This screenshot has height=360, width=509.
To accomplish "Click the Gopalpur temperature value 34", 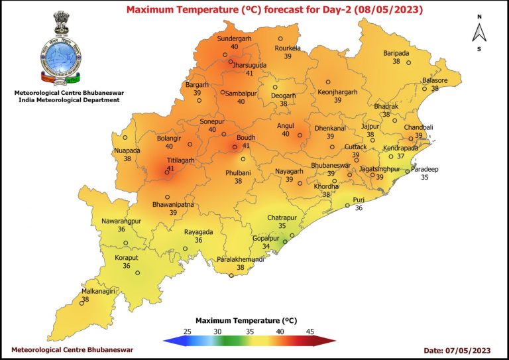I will (x=266, y=247).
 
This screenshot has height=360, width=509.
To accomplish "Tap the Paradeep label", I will (x=425, y=169).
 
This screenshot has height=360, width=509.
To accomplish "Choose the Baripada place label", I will (x=396, y=53).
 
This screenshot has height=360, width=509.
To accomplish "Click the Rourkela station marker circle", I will (x=280, y=39).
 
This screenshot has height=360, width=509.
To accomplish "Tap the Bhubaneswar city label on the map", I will (x=330, y=165).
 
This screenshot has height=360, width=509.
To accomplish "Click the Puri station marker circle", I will (x=347, y=206).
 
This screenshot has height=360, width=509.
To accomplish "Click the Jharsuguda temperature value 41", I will (x=249, y=73).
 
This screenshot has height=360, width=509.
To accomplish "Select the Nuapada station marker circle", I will (x=125, y=138).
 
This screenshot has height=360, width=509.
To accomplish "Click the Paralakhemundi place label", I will (x=241, y=259).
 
